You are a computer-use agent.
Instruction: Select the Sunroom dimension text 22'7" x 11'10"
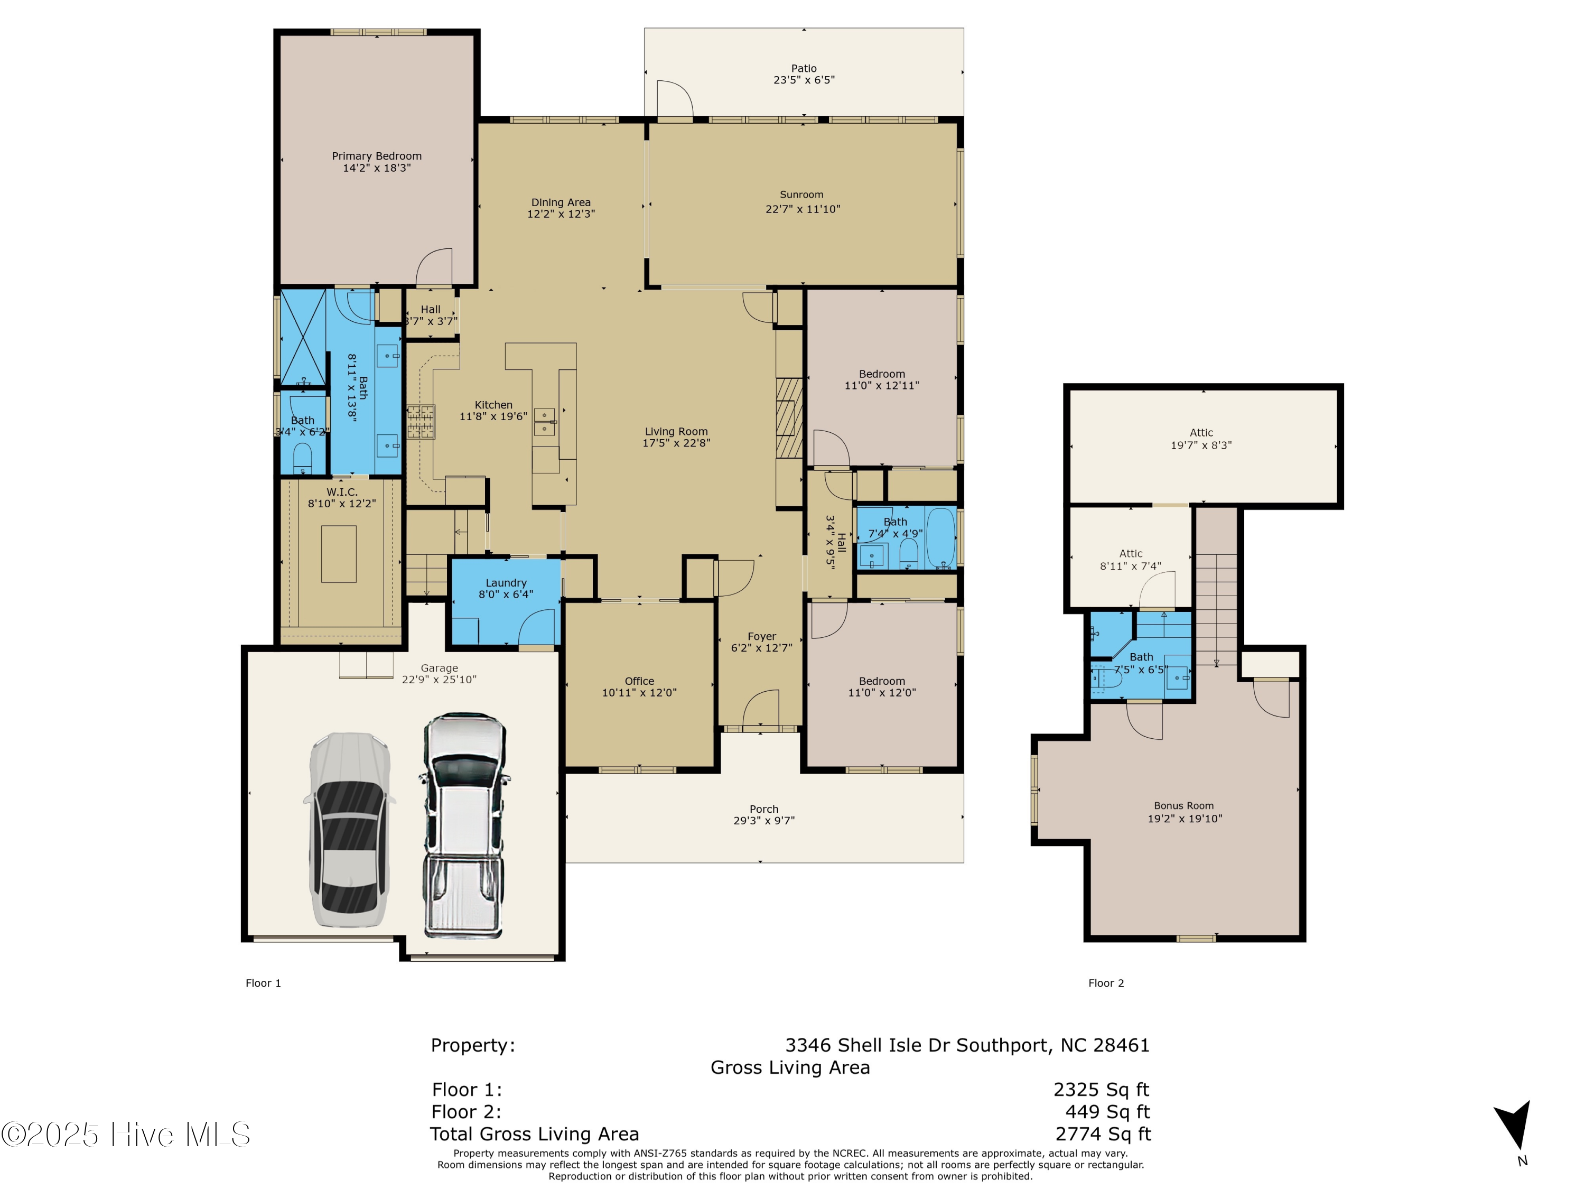pyautogui.click(x=803, y=209)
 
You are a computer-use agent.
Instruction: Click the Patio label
pyautogui.click(x=804, y=69)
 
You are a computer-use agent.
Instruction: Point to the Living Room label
pyautogui.click(x=676, y=431)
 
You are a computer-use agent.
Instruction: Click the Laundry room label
pyautogui.click(x=506, y=583)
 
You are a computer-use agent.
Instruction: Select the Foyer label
pyautogui.click(x=762, y=636)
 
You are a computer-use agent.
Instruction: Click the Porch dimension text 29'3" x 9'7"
pyautogui.click(x=764, y=821)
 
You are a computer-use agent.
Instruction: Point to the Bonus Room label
pyautogui.click(x=1184, y=805)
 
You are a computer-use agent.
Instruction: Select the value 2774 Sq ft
pyautogui.click(x=1103, y=1134)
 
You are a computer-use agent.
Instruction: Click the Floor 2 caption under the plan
pyautogui.click(x=1106, y=983)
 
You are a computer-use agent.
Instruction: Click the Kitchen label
pyautogui.click(x=493, y=405)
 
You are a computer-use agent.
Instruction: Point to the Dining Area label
pyautogui.click(x=561, y=202)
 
